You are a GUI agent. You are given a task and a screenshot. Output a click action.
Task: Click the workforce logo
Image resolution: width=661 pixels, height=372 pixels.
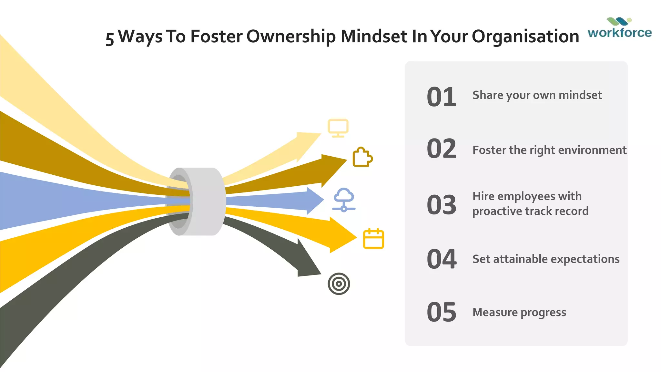coord(619,28)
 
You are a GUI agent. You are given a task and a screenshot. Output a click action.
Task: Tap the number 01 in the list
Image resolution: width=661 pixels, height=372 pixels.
coord(441,97)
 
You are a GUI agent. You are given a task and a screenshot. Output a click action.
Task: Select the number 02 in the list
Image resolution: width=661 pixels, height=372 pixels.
coord(441,149)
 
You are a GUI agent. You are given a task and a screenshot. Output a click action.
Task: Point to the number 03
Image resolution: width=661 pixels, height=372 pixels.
coord(441,205)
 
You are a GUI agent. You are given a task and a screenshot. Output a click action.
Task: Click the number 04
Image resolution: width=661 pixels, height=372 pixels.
coord(441,259)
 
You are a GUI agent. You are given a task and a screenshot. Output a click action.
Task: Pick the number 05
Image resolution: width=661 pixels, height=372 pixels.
coord(441,312)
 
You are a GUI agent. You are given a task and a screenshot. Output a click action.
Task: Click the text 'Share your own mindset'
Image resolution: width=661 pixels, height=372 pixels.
coord(537,95)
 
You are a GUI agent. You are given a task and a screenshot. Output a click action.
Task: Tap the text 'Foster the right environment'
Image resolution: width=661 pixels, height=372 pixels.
coord(549,150)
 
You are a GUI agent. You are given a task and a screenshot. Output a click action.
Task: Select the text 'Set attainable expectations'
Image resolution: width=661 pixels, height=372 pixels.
coord(546,259)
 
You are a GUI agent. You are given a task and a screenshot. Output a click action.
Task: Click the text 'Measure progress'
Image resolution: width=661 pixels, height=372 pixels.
coord(519,313)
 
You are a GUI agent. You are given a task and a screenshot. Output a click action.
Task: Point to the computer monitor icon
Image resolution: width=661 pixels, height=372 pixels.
coord(338,128)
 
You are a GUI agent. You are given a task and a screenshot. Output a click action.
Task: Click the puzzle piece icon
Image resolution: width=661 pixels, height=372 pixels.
coord(362,157)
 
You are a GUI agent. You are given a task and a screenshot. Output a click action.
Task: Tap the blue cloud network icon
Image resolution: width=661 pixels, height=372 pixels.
coord(344,200)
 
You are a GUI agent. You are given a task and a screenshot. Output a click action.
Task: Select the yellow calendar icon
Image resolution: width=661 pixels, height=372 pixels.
coord(373,239)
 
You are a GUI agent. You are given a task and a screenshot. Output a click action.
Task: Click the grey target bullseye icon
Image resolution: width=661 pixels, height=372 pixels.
coord(339,284)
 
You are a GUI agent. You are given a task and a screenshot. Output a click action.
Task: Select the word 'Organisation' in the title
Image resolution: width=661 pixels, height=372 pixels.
coord(525,36)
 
